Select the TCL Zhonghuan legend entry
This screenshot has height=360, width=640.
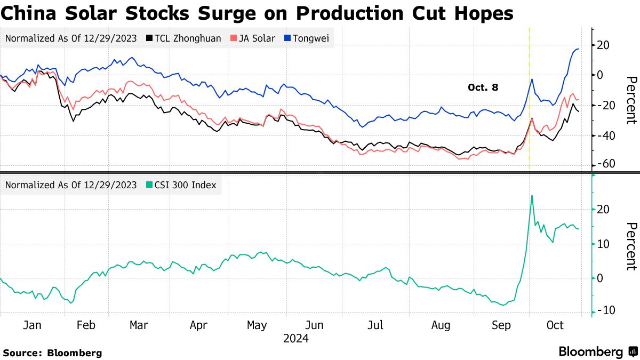[x=183, y=38]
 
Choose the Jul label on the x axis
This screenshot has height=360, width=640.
[x=377, y=325]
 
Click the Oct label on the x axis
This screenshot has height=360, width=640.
[x=555, y=325]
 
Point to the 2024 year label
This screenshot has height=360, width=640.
[x=295, y=338]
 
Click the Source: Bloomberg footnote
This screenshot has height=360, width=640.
[x=52, y=353]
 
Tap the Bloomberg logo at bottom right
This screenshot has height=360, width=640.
[x=598, y=352]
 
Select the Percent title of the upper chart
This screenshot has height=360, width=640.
[x=631, y=100]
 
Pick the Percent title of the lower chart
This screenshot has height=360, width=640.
[x=631, y=246]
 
